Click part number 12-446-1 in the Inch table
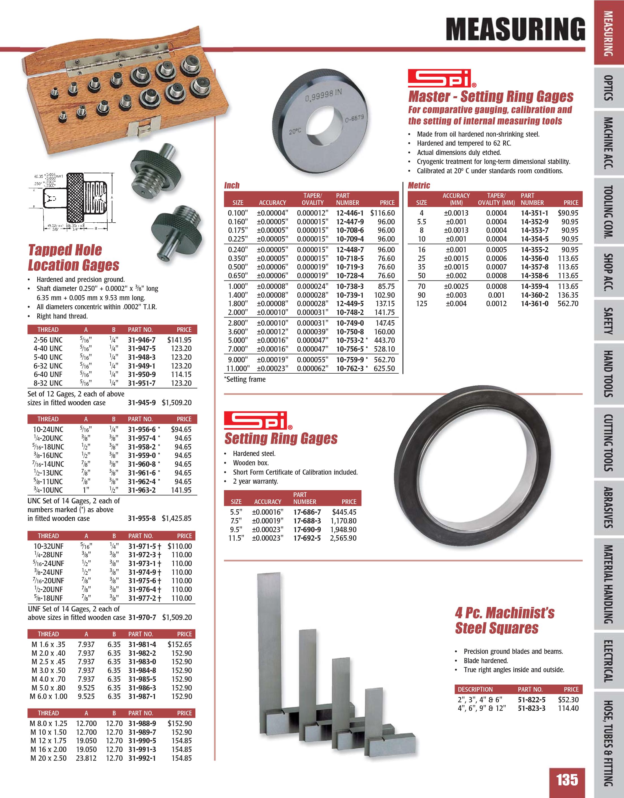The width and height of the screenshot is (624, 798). [350, 213]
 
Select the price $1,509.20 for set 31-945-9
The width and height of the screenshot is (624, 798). [176, 403]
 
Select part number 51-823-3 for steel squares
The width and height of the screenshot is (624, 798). [531, 708]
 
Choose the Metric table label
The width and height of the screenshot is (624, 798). [419, 185]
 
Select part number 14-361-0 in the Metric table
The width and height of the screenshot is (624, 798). [534, 303]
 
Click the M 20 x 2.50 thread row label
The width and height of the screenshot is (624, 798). [48, 758]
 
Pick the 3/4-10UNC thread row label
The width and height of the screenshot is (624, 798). [48, 490]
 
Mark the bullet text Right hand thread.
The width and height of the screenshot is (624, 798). [62, 316]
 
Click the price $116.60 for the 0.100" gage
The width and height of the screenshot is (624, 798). [382, 213]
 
